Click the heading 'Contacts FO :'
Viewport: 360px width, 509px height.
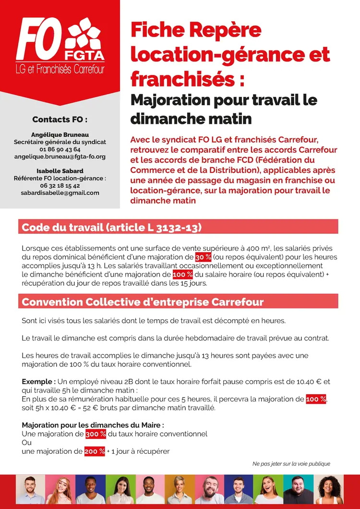60,119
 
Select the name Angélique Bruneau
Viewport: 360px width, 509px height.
60,135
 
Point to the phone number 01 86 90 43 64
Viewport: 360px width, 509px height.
60,149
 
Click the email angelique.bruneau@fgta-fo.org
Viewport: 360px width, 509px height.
60,157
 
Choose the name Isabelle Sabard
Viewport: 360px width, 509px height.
60,171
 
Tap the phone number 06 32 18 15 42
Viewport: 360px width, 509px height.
60,185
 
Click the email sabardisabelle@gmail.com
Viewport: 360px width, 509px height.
60,193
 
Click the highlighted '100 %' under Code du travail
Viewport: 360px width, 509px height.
183,274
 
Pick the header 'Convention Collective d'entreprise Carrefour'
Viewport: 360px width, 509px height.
143,302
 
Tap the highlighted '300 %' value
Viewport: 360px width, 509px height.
96,434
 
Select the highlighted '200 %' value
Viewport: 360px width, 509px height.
95,451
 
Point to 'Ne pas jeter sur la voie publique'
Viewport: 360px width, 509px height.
291,464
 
